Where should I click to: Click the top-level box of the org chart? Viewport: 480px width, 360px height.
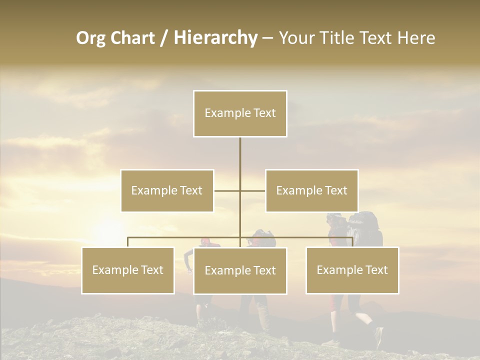click(240, 113)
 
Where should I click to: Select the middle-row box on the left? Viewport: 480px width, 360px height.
click(167, 190)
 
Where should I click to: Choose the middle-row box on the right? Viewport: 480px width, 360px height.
click(311, 190)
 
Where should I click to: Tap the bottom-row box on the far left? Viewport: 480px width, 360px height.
click(128, 270)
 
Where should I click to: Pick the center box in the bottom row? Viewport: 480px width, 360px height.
click(240, 270)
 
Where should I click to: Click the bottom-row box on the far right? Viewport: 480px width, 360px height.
click(352, 270)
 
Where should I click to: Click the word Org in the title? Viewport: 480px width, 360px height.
click(90, 38)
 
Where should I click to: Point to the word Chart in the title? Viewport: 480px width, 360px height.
click(132, 38)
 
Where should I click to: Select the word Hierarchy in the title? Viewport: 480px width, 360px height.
click(215, 38)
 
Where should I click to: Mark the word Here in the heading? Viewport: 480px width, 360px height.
click(416, 38)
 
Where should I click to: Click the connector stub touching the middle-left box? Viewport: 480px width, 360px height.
click(226, 190)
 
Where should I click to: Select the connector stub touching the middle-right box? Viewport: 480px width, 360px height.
click(253, 190)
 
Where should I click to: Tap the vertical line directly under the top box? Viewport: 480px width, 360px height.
click(240, 155)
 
